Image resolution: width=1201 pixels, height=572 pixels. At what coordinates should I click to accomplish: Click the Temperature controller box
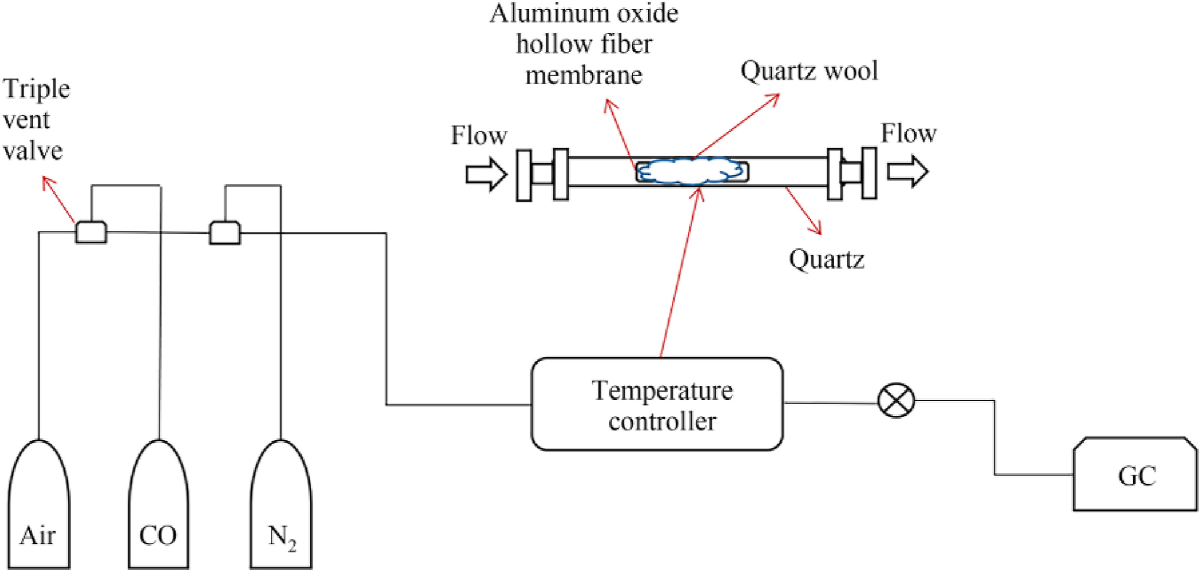pyautogui.click(x=657, y=404)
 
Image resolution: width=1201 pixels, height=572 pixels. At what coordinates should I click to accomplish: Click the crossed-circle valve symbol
pyautogui.click(x=896, y=400)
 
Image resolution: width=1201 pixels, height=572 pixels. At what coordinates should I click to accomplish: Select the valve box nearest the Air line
pyautogui.click(x=91, y=232)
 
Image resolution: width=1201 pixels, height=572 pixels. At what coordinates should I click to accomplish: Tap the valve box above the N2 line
pyautogui.click(x=225, y=233)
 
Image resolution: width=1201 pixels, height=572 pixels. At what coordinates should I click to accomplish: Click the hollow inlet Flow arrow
pyautogui.click(x=486, y=174)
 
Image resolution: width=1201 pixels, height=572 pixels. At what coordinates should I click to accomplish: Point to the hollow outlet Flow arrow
pyautogui.click(x=907, y=171)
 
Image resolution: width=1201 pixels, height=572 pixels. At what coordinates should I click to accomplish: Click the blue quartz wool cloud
pyautogui.click(x=692, y=171)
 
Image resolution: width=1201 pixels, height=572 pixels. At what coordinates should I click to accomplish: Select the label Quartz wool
pyautogui.click(x=809, y=71)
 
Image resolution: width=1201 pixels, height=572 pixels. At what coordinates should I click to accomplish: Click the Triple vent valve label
pyautogui.click(x=37, y=120)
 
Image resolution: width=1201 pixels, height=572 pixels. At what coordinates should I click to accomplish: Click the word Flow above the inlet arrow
pyautogui.click(x=479, y=135)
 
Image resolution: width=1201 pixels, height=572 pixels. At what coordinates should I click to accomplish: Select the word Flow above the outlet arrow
pyautogui.click(x=908, y=133)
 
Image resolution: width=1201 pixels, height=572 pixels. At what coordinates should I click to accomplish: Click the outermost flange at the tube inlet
pyautogui.click(x=524, y=175)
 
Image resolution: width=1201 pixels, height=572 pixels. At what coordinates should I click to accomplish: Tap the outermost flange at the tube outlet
pyautogui.click(x=869, y=173)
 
